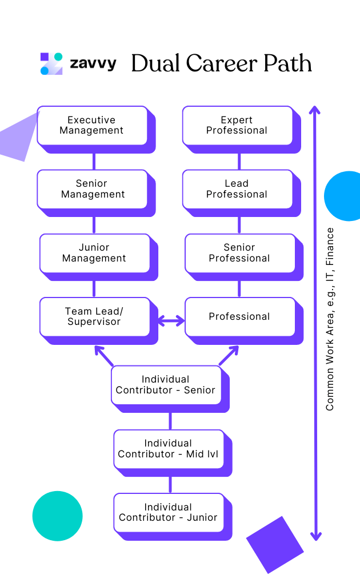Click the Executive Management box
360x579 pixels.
pyautogui.click(x=92, y=126)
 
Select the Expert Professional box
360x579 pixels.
pyautogui.click(x=237, y=126)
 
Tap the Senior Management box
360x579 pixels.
pyautogui.click(x=93, y=189)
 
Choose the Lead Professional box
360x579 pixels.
pyautogui.click(x=237, y=189)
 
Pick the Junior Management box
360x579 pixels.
pyautogui.click(x=94, y=253)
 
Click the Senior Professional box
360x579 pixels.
pyautogui.click(x=239, y=253)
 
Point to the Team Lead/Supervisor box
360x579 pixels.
pyautogui.click(x=94, y=316)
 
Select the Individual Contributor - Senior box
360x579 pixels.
pyautogui.click(x=166, y=385)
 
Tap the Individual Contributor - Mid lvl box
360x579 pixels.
pyautogui.click(x=168, y=449)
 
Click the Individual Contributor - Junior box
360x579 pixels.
pyautogui.click(x=168, y=512)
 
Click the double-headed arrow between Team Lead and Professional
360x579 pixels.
pyautogui.click(x=171, y=321)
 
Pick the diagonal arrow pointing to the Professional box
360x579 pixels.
pyautogui.click(x=228, y=355)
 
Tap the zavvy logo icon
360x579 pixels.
pyautogui.click(x=51, y=63)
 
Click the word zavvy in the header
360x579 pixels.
pyautogui.click(x=93, y=63)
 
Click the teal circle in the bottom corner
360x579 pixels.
pyautogui.click(x=57, y=516)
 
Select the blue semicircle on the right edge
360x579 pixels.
pyautogui.click(x=345, y=196)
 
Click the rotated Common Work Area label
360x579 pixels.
pyautogui.click(x=330, y=320)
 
